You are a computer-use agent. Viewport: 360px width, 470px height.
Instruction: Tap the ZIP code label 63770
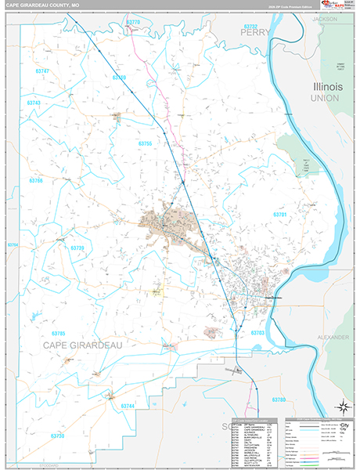pyautogui.click(x=132, y=23)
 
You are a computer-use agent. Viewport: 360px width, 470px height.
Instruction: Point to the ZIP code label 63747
pyautogui.click(x=41, y=71)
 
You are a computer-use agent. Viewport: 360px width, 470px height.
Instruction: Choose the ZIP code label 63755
pyautogui.click(x=145, y=143)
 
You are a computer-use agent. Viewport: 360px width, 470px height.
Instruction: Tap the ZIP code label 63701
pyautogui.click(x=280, y=215)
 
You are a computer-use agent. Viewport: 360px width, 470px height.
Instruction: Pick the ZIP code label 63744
pyautogui.click(x=128, y=406)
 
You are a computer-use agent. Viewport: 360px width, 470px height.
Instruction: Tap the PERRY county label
pyautogui.click(x=256, y=33)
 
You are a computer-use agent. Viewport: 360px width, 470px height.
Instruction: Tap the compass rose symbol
pyautogui.click(x=341, y=406)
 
